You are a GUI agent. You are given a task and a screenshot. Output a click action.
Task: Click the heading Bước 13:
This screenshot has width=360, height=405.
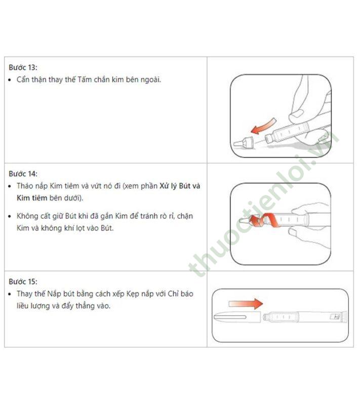point(23,67)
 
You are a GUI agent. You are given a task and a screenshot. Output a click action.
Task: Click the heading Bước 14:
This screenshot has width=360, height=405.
point(23,174)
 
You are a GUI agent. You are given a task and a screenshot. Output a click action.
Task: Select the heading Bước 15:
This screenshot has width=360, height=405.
point(23,281)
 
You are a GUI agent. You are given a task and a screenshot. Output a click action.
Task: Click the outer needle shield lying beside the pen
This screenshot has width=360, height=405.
point(244,142)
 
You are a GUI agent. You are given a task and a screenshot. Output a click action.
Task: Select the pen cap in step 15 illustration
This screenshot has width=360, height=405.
point(237,317)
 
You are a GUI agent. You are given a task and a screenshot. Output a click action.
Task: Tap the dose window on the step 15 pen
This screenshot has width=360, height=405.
point(335,317)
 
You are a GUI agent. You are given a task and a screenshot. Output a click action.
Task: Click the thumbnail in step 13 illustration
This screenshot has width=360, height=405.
point(297,114)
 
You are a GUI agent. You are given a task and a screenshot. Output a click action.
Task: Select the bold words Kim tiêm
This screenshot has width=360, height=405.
point(32,198)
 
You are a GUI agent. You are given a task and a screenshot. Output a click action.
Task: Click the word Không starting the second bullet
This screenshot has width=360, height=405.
point(27,216)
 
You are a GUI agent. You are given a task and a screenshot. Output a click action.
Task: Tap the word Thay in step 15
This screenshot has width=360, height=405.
point(24,294)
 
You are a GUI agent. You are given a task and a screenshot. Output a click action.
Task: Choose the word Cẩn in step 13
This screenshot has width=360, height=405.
point(23,79)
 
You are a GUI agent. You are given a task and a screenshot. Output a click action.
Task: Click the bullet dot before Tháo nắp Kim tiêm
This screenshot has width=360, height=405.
point(10,186)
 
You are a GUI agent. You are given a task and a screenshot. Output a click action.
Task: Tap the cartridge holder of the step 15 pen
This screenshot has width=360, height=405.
point(281,317)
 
